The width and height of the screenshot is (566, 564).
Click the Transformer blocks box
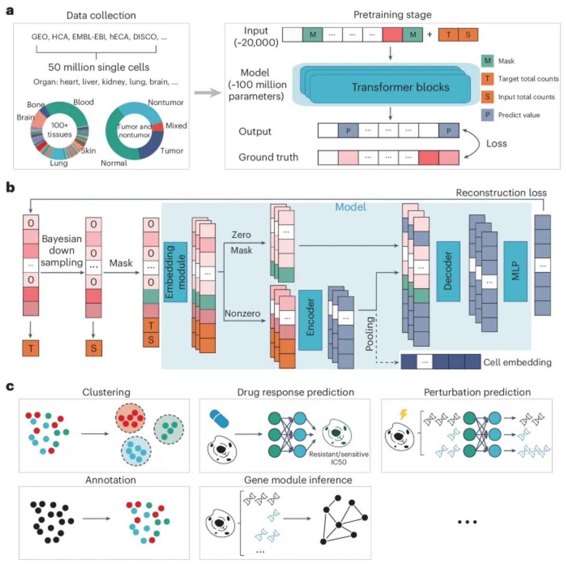click(x=400, y=87)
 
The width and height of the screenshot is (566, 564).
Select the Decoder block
click(x=448, y=271)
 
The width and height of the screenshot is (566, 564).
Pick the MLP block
click(x=515, y=271)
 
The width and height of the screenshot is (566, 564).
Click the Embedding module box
click(x=175, y=272)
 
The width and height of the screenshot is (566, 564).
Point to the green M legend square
click(x=487, y=61)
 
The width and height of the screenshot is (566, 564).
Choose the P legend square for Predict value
click(x=487, y=115)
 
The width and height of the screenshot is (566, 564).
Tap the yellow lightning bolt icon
click(x=403, y=414)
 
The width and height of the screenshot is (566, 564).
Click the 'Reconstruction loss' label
click(x=501, y=193)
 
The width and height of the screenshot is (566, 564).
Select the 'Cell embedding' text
click(x=517, y=362)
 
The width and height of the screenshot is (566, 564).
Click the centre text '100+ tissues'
click(x=59, y=130)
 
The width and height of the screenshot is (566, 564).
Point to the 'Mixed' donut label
click(x=176, y=126)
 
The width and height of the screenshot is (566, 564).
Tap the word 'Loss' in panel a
click(x=496, y=144)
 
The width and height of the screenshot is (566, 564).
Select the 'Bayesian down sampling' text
click(x=61, y=250)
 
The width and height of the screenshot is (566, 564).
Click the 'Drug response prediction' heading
click(x=295, y=392)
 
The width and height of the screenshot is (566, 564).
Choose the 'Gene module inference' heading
click(x=298, y=480)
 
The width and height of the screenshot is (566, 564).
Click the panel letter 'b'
click(x=10, y=187)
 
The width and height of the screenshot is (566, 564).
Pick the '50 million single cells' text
click(x=99, y=67)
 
